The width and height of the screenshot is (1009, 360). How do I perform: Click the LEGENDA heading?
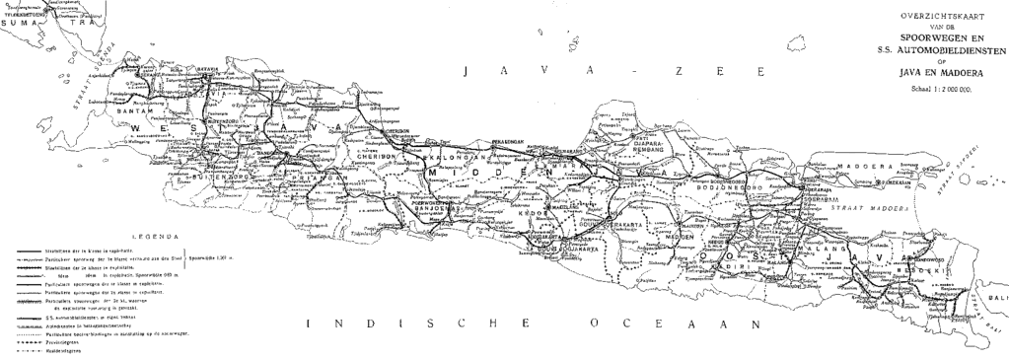pyautogui.click(x=157, y=237)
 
